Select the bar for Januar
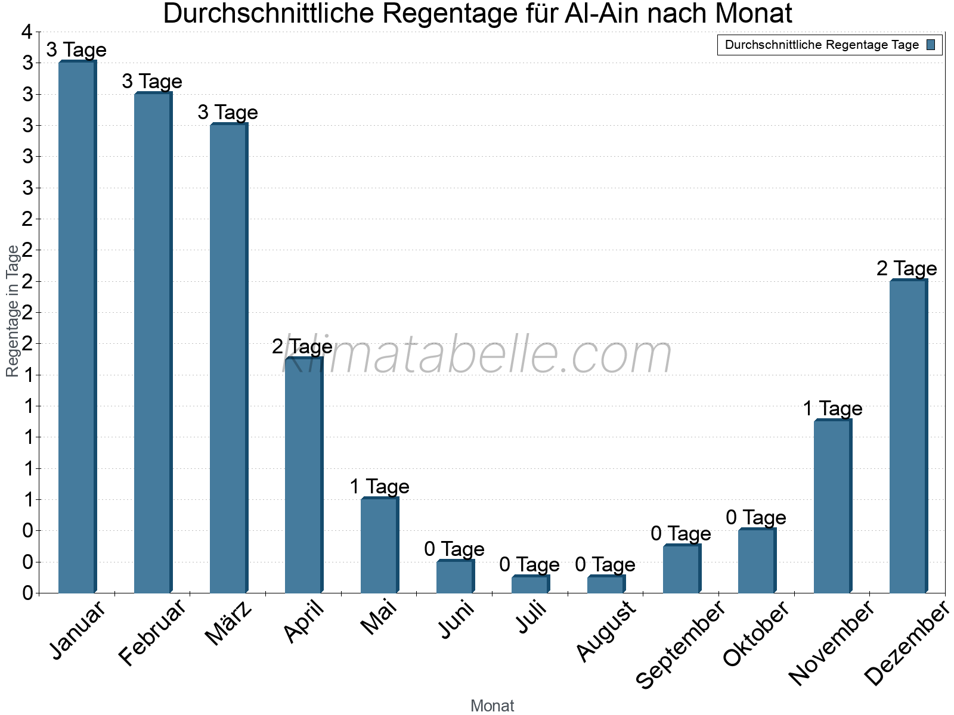point(77,327)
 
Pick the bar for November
point(832,506)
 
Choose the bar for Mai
point(379,545)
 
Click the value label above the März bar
point(228,113)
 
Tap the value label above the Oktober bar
point(756,517)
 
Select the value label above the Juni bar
point(454,549)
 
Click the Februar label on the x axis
point(153,632)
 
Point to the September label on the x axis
point(680,644)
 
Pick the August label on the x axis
point(606,631)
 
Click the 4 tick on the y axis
point(27,32)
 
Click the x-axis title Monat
point(492,706)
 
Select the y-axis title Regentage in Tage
point(13,311)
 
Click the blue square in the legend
point(931,45)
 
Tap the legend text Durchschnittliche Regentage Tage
point(822,45)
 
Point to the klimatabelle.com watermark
point(477,355)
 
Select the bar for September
point(682,568)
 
